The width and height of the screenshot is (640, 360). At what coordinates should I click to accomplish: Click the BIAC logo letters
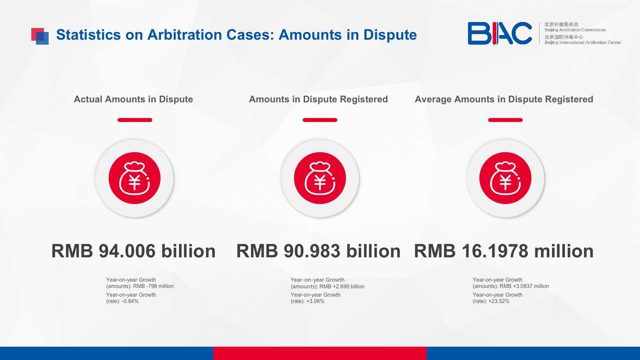click(500, 33)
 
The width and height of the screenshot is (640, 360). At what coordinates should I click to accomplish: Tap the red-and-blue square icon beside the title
click(40, 36)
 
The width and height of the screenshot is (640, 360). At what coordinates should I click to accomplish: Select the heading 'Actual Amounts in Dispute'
click(133, 99)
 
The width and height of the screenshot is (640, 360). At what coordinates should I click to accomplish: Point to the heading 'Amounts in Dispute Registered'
click(318, 99)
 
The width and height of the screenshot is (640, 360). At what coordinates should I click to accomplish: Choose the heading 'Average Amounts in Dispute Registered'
click(504, 99)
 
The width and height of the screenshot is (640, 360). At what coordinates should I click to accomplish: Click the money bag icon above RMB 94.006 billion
click(135, 178)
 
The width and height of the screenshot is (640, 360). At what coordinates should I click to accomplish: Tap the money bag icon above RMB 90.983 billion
click(320, 178)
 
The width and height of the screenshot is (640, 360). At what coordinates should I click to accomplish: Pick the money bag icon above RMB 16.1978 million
click(505, 178)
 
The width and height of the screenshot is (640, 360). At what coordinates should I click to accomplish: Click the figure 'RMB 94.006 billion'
click(133, 251)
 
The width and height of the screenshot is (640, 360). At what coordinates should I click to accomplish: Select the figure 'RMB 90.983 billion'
click(318, 251)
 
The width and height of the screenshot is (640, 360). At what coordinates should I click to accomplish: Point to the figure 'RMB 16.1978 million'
click(504, 251)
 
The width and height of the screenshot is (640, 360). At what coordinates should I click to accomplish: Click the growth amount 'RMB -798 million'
click(153, 286)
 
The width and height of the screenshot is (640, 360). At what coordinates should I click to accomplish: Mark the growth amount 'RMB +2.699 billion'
click(342, 287)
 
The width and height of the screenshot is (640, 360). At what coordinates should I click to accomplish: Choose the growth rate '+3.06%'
click(315, 301)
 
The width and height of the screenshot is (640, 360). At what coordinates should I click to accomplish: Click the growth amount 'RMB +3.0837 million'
click(524, 286)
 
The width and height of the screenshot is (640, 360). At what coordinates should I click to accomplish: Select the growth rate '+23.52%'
click(499, 301)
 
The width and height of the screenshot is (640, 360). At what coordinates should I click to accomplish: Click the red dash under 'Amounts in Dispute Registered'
click(320, 120)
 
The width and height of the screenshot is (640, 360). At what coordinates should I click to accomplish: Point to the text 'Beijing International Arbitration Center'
click(583, 42)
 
